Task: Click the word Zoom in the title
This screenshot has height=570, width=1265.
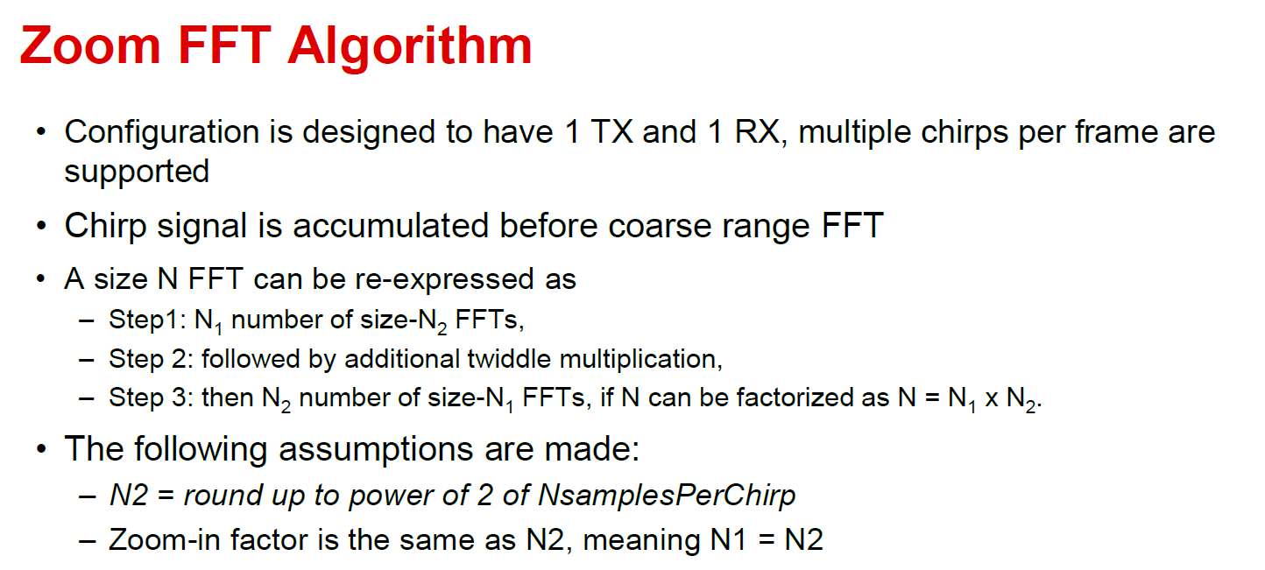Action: tap(90, 46)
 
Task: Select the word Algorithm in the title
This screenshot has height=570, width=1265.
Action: tap(410, 49)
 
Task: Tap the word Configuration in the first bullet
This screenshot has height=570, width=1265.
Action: tap(162, 133)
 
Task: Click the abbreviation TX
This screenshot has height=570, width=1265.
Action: tap(611, 131)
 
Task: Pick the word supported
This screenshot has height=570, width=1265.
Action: tap(137, 172)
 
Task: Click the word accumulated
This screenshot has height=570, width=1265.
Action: tap(391, 226)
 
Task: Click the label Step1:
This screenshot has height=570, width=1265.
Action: tap(147, 320)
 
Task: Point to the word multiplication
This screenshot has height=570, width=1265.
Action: tap(641, 360)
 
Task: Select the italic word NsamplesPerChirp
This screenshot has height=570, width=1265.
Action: tap(667, 496)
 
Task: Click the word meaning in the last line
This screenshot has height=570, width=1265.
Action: tap(641, 540)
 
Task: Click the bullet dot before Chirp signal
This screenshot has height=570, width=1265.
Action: tap(40, 226)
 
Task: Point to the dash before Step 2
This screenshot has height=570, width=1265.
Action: tap(87, 360)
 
